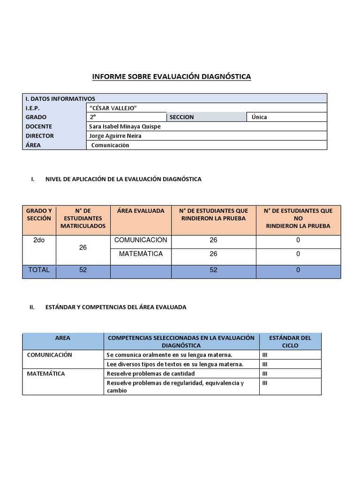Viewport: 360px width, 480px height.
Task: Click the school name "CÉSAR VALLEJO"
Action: click(x=112, y=108)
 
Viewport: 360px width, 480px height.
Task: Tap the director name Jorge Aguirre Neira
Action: click(x=114, y=136)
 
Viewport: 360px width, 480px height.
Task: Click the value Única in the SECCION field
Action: click(x=259, y=117)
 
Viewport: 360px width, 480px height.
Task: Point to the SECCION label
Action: click(x=181, y=117)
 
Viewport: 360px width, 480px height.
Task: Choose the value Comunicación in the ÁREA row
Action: click(x=110, y=145)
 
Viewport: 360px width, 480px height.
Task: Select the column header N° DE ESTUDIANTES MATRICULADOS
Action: click(x=83, y=218)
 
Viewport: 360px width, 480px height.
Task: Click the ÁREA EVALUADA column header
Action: click(x=141, y=211)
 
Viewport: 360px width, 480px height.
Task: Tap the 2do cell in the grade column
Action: click(x=39, y=240)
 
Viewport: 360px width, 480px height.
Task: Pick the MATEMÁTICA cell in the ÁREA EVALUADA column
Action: click(x=141, y=254)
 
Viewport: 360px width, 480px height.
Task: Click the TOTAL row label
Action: click(x=39, y=270)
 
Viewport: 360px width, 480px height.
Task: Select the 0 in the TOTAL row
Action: click(x=298, y=270)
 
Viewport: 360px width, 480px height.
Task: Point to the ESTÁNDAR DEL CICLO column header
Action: click(x=291, y=342)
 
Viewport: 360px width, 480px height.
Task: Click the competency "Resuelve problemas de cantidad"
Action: click(x=150, y=374)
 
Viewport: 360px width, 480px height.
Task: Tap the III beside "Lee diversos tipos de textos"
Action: click(x=265, y=364)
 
